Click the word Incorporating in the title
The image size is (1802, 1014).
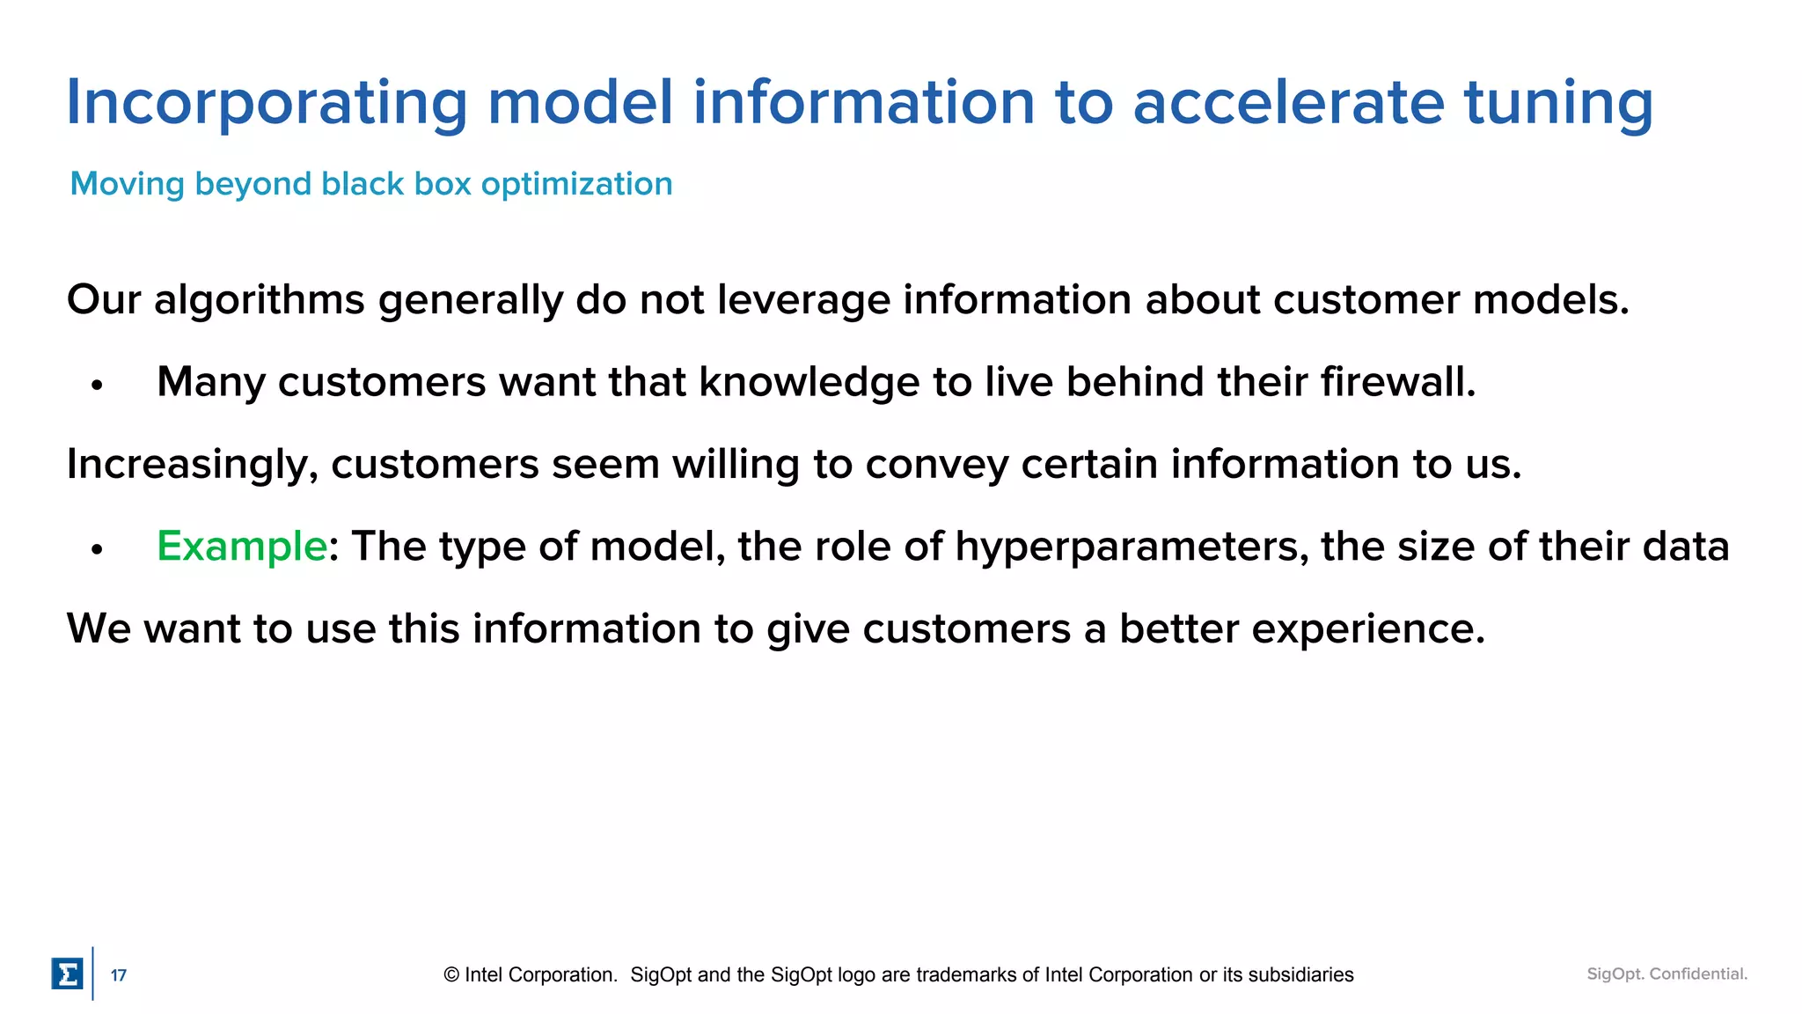tap(267, 104)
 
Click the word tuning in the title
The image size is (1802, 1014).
tap(1558, 104)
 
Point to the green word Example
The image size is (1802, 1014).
tap(241, 546)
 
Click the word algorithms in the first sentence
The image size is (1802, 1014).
tap(259, 301)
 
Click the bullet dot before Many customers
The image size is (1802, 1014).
tap(97, 386)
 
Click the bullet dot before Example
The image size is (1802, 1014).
tap(97, 550)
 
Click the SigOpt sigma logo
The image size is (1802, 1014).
tap(67, 974)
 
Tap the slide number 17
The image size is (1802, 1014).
tap(118, 975)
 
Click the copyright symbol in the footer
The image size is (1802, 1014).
tap(451, 975)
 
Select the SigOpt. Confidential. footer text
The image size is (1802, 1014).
tap(1666, 974)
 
